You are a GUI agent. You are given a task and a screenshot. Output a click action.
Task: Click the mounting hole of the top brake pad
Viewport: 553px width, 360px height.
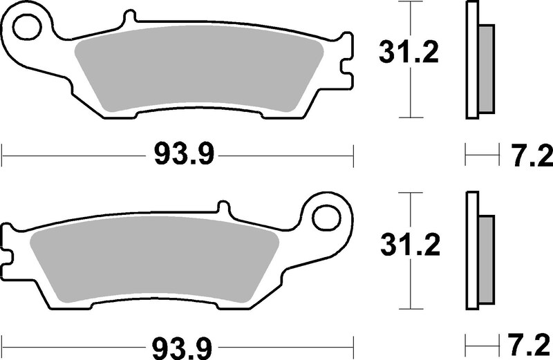point(28,29)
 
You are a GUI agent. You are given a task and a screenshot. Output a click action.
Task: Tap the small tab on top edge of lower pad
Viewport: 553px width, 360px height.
point(222,207)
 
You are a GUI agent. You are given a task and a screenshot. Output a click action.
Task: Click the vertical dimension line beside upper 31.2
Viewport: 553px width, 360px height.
point(412,90)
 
